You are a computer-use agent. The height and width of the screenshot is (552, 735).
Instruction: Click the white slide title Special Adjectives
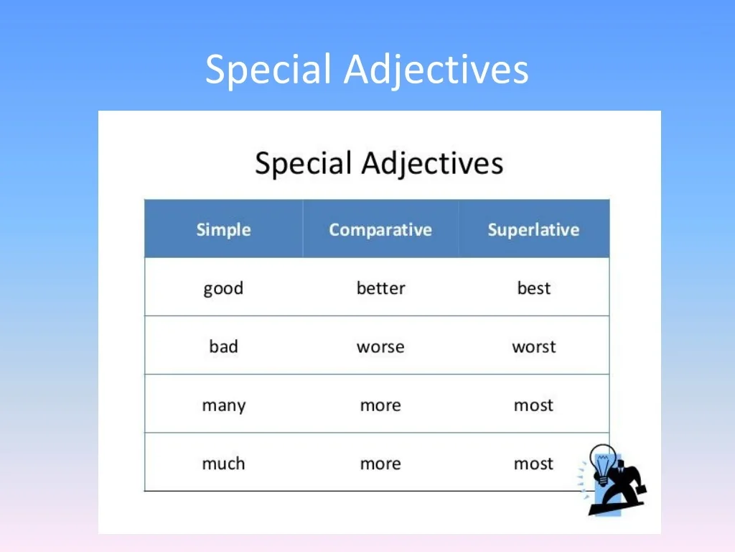367,70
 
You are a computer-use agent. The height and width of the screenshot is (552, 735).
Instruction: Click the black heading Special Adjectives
379,163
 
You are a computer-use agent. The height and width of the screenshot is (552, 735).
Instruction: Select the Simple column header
224,229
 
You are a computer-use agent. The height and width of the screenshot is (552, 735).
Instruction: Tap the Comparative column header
380,229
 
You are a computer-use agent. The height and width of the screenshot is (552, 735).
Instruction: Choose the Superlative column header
533,229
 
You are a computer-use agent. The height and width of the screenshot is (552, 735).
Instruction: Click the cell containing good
224,288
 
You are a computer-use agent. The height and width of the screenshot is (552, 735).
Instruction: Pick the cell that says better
380,287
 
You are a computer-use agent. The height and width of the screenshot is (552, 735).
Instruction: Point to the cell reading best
534,287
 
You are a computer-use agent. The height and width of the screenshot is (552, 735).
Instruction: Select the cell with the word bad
224,346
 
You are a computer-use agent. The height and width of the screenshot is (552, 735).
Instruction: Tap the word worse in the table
380,347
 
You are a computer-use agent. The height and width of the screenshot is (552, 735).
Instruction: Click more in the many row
380,405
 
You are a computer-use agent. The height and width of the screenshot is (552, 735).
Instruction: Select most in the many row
533,405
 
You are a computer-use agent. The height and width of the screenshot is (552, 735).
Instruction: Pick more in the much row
380,464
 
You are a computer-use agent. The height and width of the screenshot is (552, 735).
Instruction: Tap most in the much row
533,464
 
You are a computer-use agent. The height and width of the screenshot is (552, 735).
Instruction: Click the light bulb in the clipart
603,463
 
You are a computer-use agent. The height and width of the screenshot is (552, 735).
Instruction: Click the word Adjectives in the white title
436,70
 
